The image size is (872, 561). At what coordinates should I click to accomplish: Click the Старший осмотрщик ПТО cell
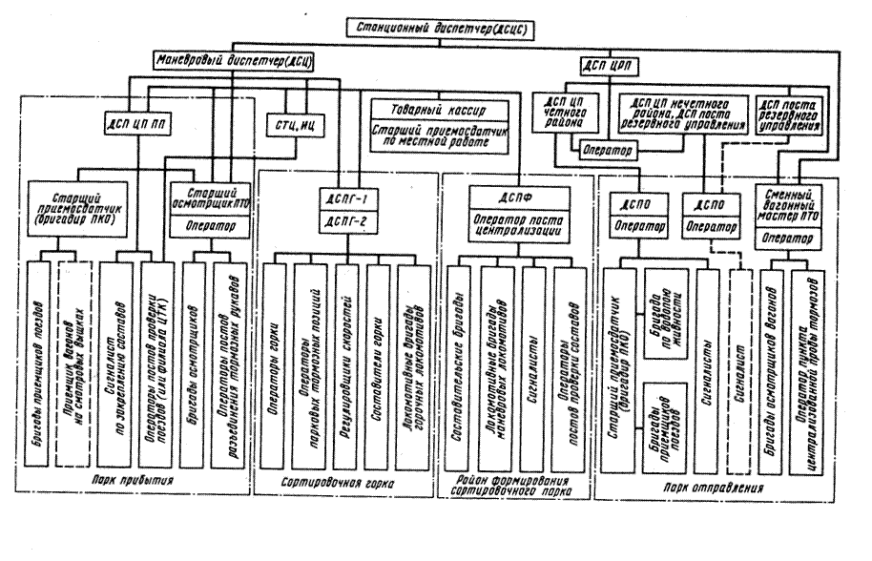point(210,195)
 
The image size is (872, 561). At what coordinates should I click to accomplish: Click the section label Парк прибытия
point(139,480)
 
